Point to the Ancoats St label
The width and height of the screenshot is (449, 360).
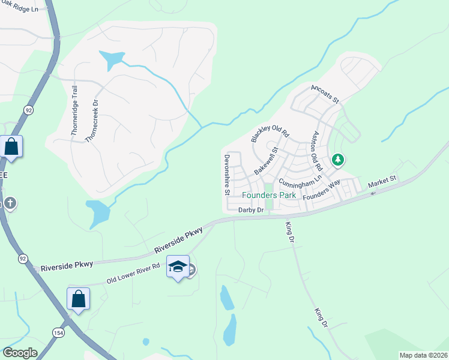325,93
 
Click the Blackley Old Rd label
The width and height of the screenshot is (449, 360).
270,128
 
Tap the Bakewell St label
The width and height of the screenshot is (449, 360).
267,161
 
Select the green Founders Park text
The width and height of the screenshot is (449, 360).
269,196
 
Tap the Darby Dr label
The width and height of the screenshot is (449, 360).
251,210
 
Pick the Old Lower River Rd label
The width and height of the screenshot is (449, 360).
133,273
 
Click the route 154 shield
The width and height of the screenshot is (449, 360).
58,333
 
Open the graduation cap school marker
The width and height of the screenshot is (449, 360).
178,266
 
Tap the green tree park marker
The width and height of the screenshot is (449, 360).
338,160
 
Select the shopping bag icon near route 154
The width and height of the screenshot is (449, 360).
78,298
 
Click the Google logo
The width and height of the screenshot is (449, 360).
20,353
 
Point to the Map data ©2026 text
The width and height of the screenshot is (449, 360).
423,355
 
